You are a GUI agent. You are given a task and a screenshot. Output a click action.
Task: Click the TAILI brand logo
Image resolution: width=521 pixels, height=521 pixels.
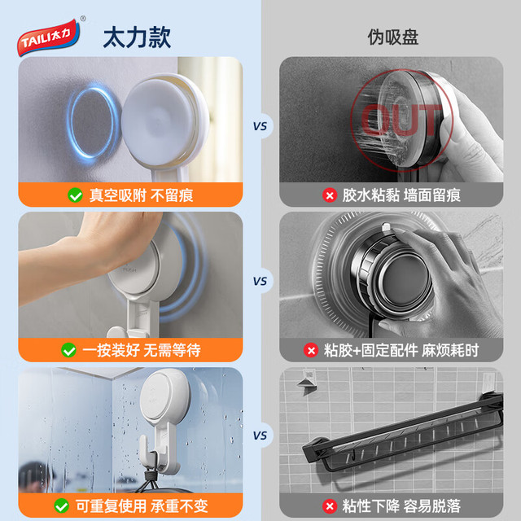(49, 37)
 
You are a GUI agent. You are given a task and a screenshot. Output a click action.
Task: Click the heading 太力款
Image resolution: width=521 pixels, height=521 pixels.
(137, 37)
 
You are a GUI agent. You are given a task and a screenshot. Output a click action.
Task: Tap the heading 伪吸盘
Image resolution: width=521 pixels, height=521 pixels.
(392, 37)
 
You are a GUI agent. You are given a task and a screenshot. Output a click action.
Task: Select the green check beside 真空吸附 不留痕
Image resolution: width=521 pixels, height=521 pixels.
(75, 195)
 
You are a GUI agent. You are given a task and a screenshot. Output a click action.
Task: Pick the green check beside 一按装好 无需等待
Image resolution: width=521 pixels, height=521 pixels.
(68, 350)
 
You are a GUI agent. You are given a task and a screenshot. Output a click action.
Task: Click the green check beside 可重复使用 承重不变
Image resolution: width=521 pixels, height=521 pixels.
(62, 506)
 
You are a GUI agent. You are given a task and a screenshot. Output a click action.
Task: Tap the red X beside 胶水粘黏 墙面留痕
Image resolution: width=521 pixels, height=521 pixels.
(330, 195)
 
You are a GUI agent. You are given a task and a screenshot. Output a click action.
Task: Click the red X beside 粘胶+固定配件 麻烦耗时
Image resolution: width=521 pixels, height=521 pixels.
(311, 350)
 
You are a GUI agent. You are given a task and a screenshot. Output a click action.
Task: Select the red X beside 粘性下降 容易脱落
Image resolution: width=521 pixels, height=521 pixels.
(330, 506)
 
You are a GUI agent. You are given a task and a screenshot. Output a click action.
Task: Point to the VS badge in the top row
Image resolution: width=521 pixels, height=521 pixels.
(260, 126)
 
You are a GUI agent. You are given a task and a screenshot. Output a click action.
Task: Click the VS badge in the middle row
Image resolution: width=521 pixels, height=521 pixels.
(260, 281)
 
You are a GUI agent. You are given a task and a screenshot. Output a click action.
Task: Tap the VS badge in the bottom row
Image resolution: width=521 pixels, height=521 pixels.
(260, 436)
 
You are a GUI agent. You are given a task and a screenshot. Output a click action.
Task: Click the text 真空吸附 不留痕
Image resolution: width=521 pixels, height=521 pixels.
(141, 195)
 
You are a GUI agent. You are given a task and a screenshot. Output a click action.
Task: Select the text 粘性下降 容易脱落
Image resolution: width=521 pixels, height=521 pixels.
(401, 506)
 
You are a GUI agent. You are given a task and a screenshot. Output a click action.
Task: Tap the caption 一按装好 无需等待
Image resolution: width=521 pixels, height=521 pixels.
(141, 350)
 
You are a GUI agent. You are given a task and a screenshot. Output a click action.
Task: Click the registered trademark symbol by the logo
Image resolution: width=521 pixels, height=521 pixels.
(83, 19)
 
